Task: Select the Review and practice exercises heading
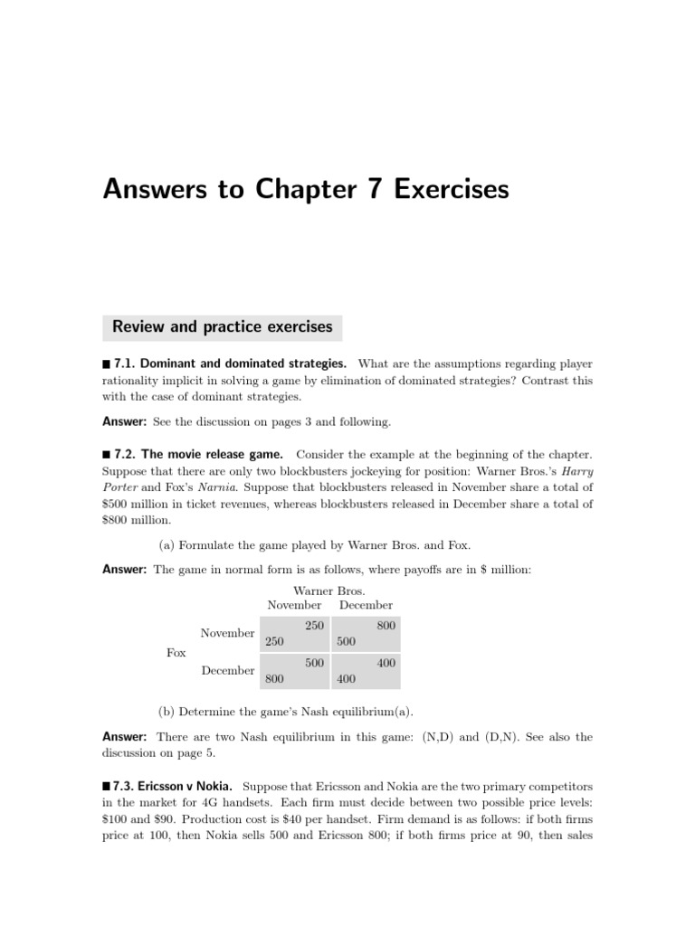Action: tap(222, 326)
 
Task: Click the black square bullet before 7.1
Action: tap(107, 364)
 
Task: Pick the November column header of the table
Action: tap(293, 605)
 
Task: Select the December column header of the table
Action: tap(366, 605)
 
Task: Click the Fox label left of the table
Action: tap(176, 652)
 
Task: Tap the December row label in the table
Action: tap(227, 671)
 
